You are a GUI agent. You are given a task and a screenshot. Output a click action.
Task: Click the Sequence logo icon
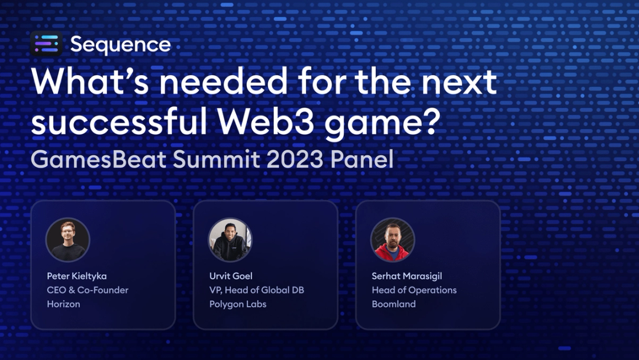click(46, 44)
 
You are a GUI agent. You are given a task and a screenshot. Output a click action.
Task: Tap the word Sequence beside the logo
click(121, 44)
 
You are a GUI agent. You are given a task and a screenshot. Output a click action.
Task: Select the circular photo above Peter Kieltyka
click(67, 240)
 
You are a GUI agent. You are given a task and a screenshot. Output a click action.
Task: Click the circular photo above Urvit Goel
click(230, 240)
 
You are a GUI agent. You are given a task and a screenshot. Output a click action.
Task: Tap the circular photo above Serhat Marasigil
click(392, 240)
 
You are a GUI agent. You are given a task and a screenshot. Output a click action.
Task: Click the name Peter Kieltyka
click(77, 276)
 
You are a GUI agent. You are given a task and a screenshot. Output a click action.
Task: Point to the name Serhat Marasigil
click(406, 276)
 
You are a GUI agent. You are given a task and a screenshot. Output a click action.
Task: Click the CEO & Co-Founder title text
click(88, 290)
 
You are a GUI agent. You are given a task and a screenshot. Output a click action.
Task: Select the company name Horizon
click(63, 304)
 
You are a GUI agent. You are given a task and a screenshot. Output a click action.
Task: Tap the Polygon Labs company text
click(238, 304)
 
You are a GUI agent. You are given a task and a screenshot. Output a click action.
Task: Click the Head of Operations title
click(414, 290)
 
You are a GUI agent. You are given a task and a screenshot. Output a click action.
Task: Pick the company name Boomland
click(393, 304)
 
